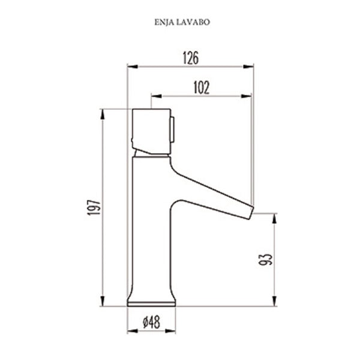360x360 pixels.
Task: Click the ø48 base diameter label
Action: (x=151, y=322)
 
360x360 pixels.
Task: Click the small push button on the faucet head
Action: (x=175, y=130)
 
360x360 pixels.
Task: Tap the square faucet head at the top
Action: (x=151, y=130)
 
